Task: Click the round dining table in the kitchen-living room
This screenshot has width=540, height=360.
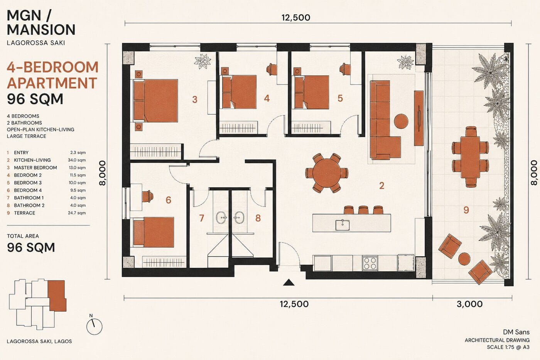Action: coord(327,173)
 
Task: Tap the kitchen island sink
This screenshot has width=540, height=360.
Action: coord(343,225)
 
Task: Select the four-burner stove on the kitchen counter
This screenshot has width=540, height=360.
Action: coord(370,263)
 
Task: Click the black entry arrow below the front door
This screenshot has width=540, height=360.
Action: coord(289,282)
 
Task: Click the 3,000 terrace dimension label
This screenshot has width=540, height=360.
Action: coord(470,304)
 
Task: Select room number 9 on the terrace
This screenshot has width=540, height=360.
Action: coord(466,210)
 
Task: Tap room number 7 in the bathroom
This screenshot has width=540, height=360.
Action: coord(201,218)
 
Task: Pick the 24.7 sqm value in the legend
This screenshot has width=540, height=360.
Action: coord(77,213)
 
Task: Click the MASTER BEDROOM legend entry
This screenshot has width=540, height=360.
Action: coord(35,167)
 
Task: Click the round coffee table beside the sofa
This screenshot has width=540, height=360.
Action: coord(401,121)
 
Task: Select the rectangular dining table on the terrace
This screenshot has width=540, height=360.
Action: coord(470,157)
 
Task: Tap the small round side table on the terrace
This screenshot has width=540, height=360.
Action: coord(464,259)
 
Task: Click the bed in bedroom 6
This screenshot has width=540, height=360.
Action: coord(154,232)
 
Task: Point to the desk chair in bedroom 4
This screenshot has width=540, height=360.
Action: coord(272,69)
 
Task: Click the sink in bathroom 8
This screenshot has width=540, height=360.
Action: coord(239,217)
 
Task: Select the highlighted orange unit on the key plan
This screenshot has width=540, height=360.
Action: coord(57,296)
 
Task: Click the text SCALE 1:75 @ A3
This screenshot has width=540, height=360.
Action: coord(508,347)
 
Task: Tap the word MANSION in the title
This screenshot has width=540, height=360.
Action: coord(41,30)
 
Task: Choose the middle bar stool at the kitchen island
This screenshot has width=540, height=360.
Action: coord(363,210)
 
